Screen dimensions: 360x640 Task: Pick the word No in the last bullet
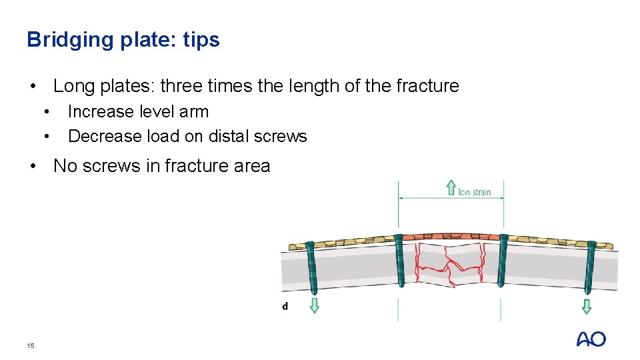(65, 165)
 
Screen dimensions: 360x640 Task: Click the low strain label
(474, 192)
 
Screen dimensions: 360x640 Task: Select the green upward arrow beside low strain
(451, 187)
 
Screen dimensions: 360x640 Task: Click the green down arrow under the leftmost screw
(314, 305)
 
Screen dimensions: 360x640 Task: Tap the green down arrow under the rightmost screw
(586, 306)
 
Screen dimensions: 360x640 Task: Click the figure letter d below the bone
(285, 306)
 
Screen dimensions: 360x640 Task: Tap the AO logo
(591, 339)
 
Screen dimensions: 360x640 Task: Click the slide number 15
(30, 345)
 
